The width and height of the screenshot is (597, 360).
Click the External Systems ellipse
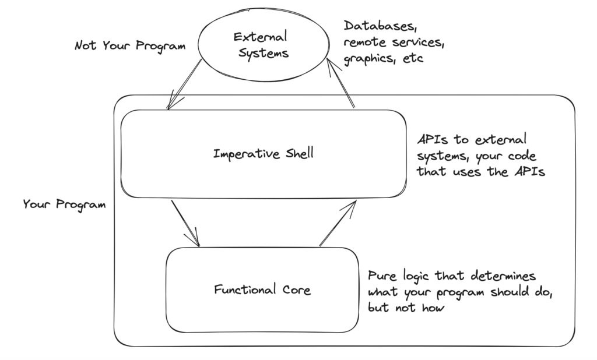point(261,44)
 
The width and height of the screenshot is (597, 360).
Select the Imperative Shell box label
point(264,154)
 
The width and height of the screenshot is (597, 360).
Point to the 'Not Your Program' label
point(130,45)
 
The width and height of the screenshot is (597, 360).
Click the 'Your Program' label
point(64,204)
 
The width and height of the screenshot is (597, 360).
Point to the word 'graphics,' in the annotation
point(370,59)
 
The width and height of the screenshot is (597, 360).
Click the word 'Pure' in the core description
point(382,276)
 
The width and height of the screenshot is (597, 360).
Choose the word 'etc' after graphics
point(413,59)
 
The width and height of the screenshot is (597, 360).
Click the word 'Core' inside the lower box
point(293,289)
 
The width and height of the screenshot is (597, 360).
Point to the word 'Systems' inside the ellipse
point(261,53)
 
